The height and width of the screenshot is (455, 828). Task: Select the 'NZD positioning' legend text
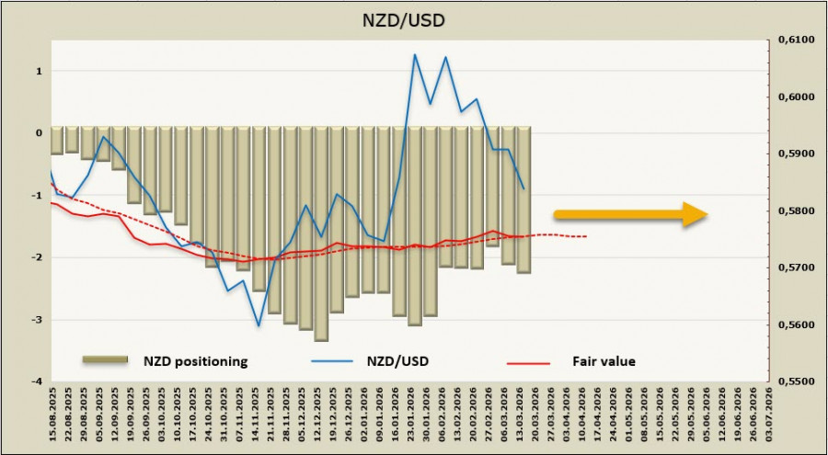pyautogui.click(x=194, y=361)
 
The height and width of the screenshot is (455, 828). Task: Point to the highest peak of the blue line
pyautogui.click(x=415, y=54)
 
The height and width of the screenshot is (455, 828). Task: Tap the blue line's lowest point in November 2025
pyautogui.click(x=259, y=325)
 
